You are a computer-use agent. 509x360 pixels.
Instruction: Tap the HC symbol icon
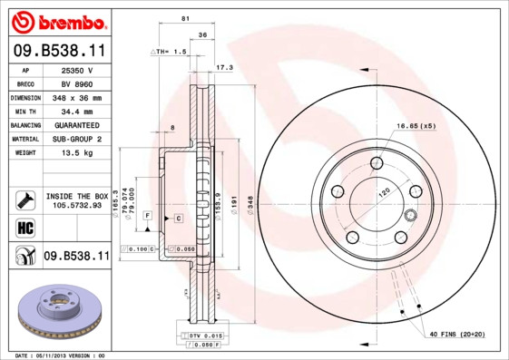point(25,227)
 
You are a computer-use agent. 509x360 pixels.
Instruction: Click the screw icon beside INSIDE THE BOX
point(25,199)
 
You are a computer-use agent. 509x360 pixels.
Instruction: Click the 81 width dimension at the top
point(185,18)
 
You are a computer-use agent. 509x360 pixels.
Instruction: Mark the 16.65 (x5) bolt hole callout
point(415,125)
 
